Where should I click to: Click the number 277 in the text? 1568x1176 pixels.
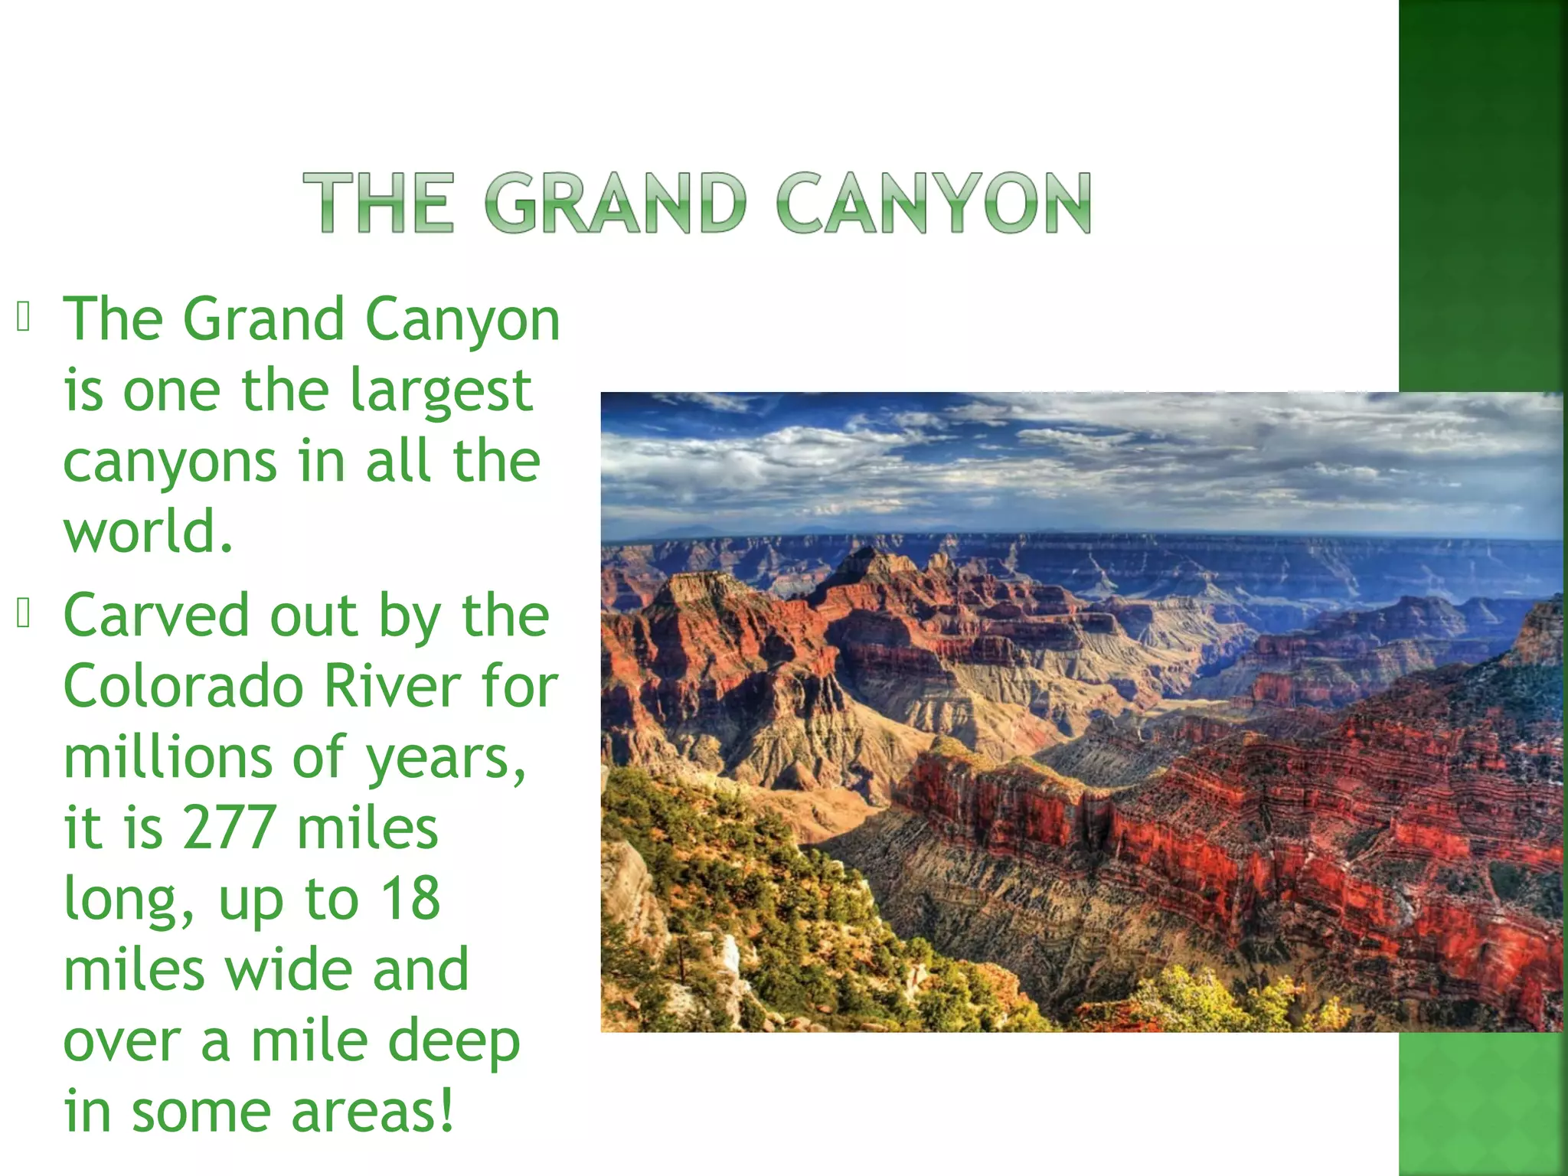[x=229, y=828]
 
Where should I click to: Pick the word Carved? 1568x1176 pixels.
[x=156, y=615]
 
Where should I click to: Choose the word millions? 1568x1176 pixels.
[x=168, y=756]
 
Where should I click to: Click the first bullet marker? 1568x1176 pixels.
[x=23, y=317]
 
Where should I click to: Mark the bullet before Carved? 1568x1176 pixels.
[x=23, y=613]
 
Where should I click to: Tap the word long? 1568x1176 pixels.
[x=126, y=900]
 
